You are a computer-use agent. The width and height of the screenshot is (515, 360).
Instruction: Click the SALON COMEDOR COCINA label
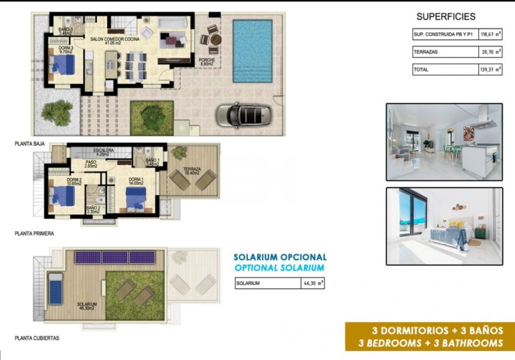click(115, 41)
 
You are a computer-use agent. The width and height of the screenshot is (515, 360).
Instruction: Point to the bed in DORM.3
click(64, 65)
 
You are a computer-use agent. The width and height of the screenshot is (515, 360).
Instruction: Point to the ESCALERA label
click(104, 151)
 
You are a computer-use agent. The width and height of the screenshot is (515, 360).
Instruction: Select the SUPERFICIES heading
click(444, 17)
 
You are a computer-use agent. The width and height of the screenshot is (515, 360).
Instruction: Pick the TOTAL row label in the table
click(422, 70)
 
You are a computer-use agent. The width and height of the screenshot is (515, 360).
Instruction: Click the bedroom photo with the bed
click(440, 226)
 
